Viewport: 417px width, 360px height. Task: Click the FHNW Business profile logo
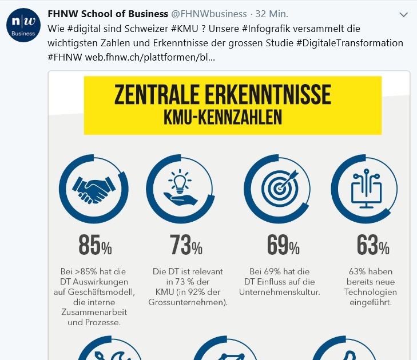tap(22, 26)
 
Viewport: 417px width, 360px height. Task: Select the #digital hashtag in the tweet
tap(85, 28)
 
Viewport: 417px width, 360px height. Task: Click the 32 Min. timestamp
tap(272, 13)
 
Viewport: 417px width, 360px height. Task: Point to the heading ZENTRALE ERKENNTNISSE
tap(223, 95)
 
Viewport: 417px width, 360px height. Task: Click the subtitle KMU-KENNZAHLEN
tap(223, 118)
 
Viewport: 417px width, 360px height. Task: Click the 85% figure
tap(95, 246)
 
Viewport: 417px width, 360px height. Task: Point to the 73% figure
tap(186, 246)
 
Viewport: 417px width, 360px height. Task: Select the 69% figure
tap(283, 246)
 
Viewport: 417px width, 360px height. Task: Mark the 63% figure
tap(372, 246)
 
